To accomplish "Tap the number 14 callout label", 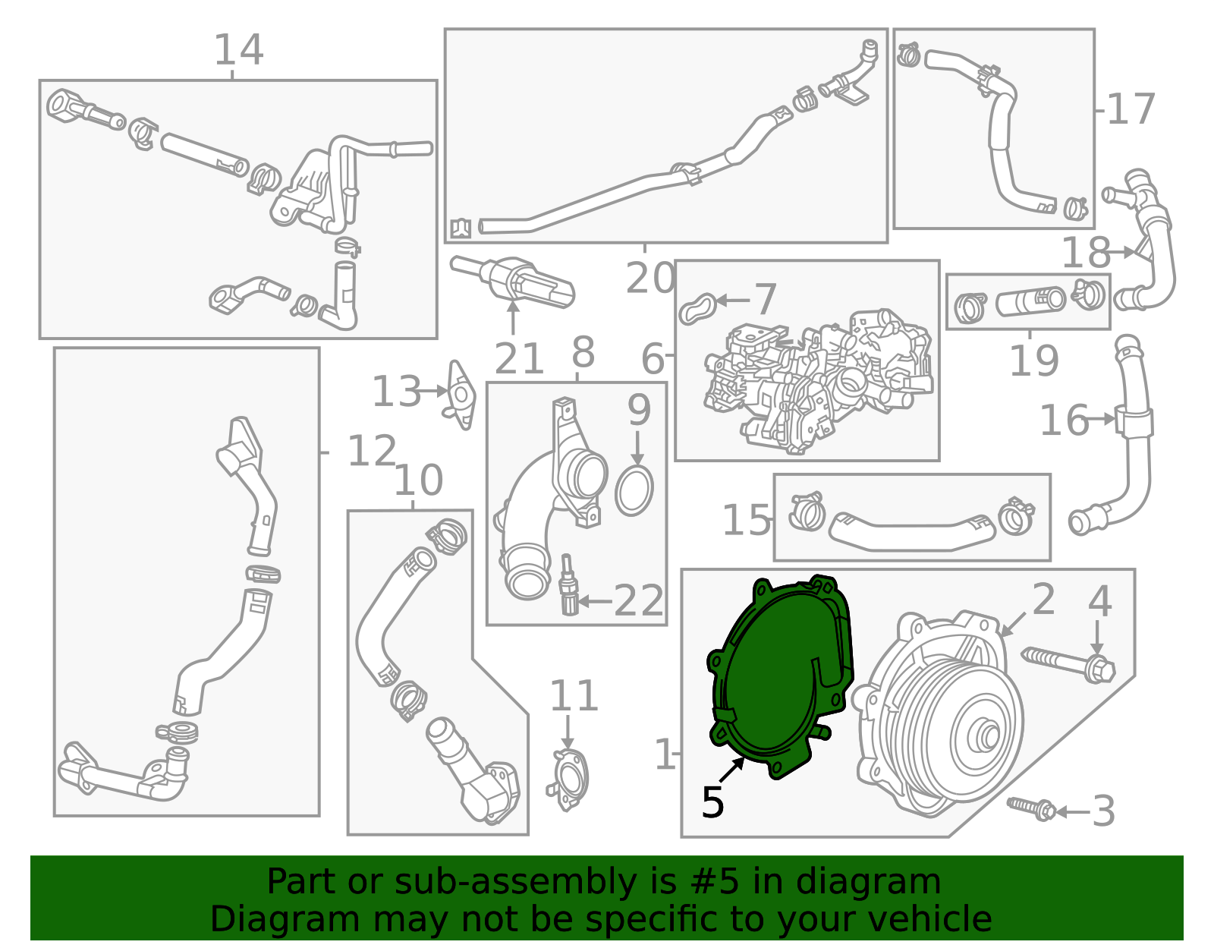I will pyautogui.click(x=238, y=50).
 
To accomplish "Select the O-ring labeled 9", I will pyautogui.click(x=634, y=491).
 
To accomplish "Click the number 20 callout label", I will pyautogui.click(x=650, y=279).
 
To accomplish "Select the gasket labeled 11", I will pyautogui.click(x=568, y=778).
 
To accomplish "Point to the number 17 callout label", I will pyautogui.click(x=1131, y=110).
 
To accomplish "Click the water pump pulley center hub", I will pyautogui.click(x=988, y=735).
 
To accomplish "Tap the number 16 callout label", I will pyautogui.click(x=1063, y=420).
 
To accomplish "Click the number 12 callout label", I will pyautogui.click(x=372, y=452).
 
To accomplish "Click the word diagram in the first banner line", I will pyautogui.click(x=884, y=883).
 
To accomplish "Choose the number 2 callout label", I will pyautogui.click(x=1043, y=600).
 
